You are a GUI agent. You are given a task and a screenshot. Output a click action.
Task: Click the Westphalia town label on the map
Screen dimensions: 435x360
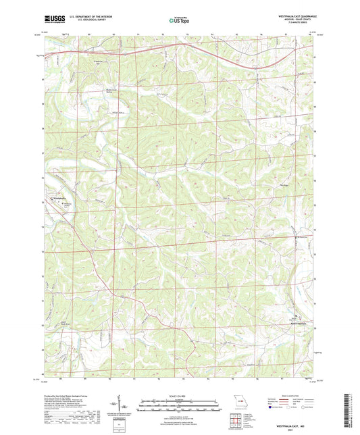(x=58, y=198)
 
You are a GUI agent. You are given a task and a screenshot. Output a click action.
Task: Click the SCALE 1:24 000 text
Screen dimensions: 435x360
(x=179, y=395)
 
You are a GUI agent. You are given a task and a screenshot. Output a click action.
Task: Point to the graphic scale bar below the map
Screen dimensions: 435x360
(x=179, y=404)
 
